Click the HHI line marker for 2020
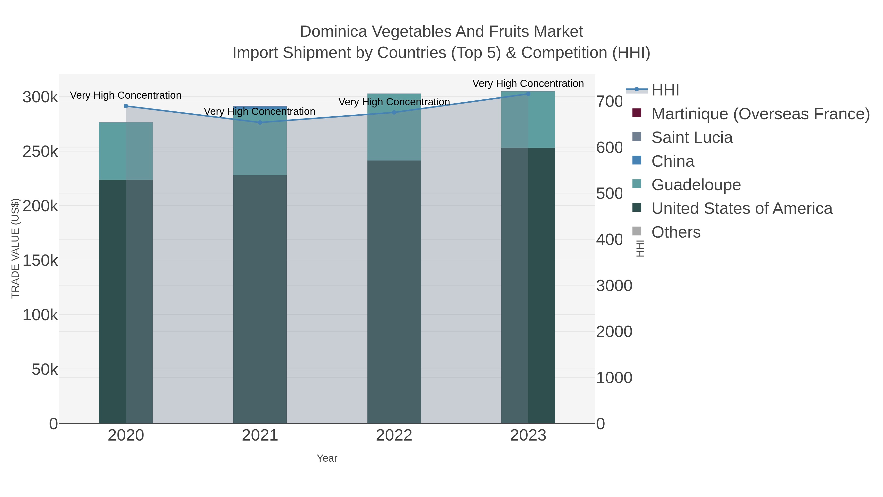pos(126,106)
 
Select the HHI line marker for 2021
pos(260,122)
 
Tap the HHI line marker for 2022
pos(394,112)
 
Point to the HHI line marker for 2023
pos(528,94)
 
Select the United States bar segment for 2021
pos(260,298)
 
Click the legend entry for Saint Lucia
pos(692,137)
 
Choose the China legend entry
pos(673,161)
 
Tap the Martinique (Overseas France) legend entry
pos(760,114)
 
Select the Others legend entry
pos(676,232)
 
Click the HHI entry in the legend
pos(665,90)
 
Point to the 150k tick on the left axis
pos(40,261)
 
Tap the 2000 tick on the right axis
pos(614,332)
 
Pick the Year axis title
pos(327,458)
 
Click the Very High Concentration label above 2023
pos(528,83)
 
